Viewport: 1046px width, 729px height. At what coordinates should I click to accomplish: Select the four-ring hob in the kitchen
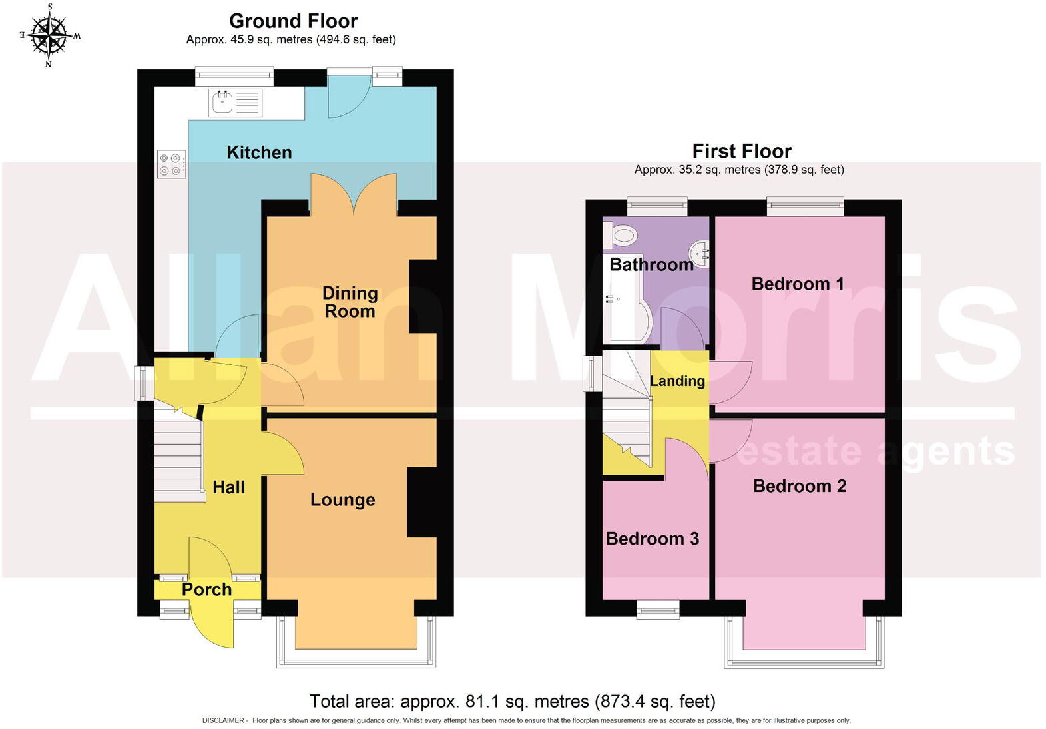170,164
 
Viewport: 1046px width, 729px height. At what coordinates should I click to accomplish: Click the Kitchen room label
259,152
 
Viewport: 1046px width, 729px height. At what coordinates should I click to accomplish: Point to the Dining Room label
350,302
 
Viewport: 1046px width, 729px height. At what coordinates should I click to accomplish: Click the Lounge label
342,500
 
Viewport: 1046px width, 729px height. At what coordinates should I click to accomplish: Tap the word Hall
228,487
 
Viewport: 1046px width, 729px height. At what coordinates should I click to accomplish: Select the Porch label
206,589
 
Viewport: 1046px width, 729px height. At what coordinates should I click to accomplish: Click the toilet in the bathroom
621,234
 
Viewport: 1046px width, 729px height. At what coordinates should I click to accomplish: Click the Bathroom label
651,264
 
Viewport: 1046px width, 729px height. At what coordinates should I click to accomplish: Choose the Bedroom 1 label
797,284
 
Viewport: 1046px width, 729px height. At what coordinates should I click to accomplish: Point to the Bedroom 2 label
799,486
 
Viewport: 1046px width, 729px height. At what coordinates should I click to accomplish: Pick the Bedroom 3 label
652,539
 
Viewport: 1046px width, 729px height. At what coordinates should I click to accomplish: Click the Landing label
677,381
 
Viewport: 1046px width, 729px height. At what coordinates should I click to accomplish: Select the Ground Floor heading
293,21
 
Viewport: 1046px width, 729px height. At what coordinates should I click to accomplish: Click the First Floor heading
742,151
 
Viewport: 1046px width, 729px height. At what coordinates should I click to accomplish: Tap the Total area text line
512,701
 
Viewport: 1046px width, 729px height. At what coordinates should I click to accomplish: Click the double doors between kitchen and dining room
354,194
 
